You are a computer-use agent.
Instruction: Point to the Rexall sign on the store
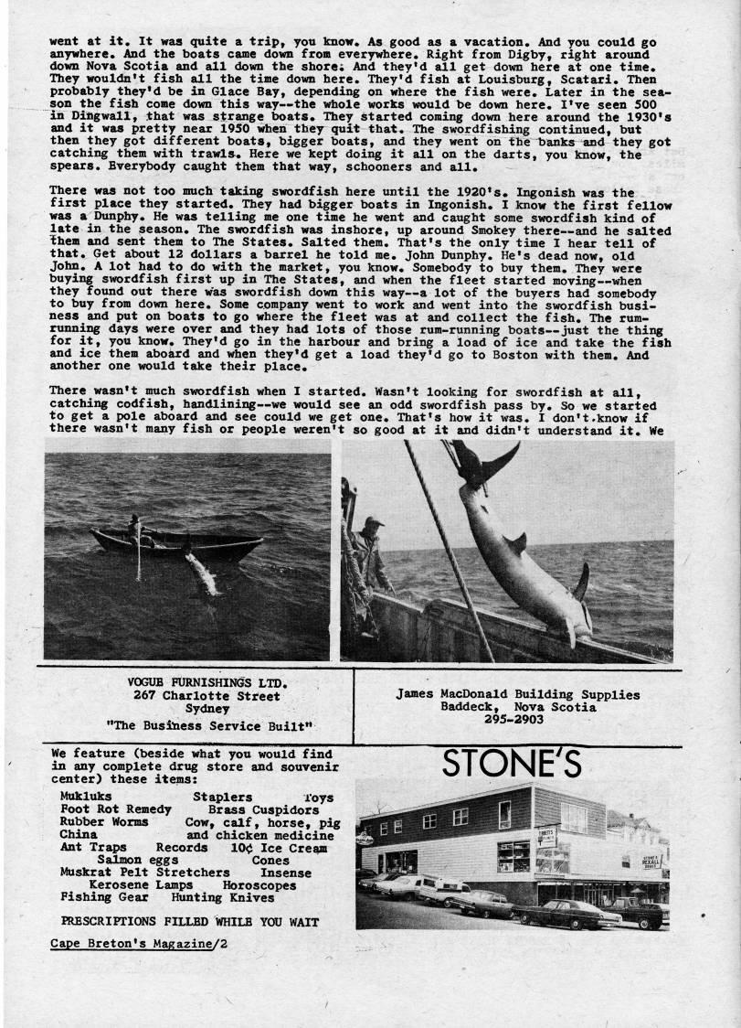point(650,861)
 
